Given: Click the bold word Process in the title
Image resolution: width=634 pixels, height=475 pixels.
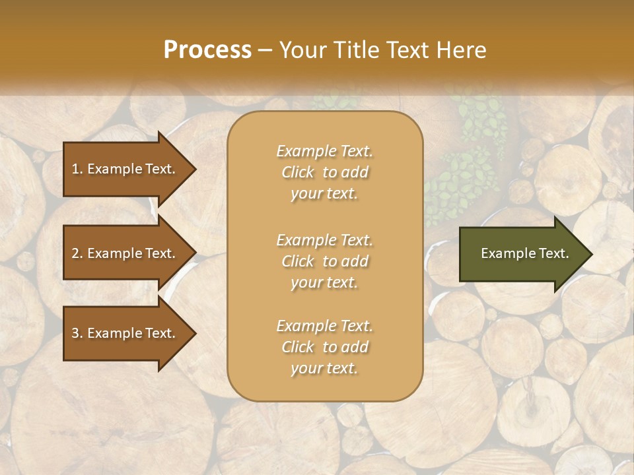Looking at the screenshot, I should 207,50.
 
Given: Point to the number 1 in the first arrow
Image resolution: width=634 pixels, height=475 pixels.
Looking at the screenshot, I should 75,169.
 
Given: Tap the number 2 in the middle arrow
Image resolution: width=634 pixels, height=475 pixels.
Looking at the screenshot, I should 75,253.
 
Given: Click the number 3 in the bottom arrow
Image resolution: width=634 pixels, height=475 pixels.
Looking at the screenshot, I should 75,333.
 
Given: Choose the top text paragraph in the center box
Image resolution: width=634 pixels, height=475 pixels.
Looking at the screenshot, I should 324,172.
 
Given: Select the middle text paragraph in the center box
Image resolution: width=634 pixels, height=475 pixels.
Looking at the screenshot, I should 324,261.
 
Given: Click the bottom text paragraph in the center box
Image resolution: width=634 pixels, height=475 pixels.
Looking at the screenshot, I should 324,347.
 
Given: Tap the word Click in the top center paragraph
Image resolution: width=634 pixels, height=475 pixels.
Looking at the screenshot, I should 298,173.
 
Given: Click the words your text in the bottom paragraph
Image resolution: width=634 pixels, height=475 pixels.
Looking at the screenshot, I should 324,369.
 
